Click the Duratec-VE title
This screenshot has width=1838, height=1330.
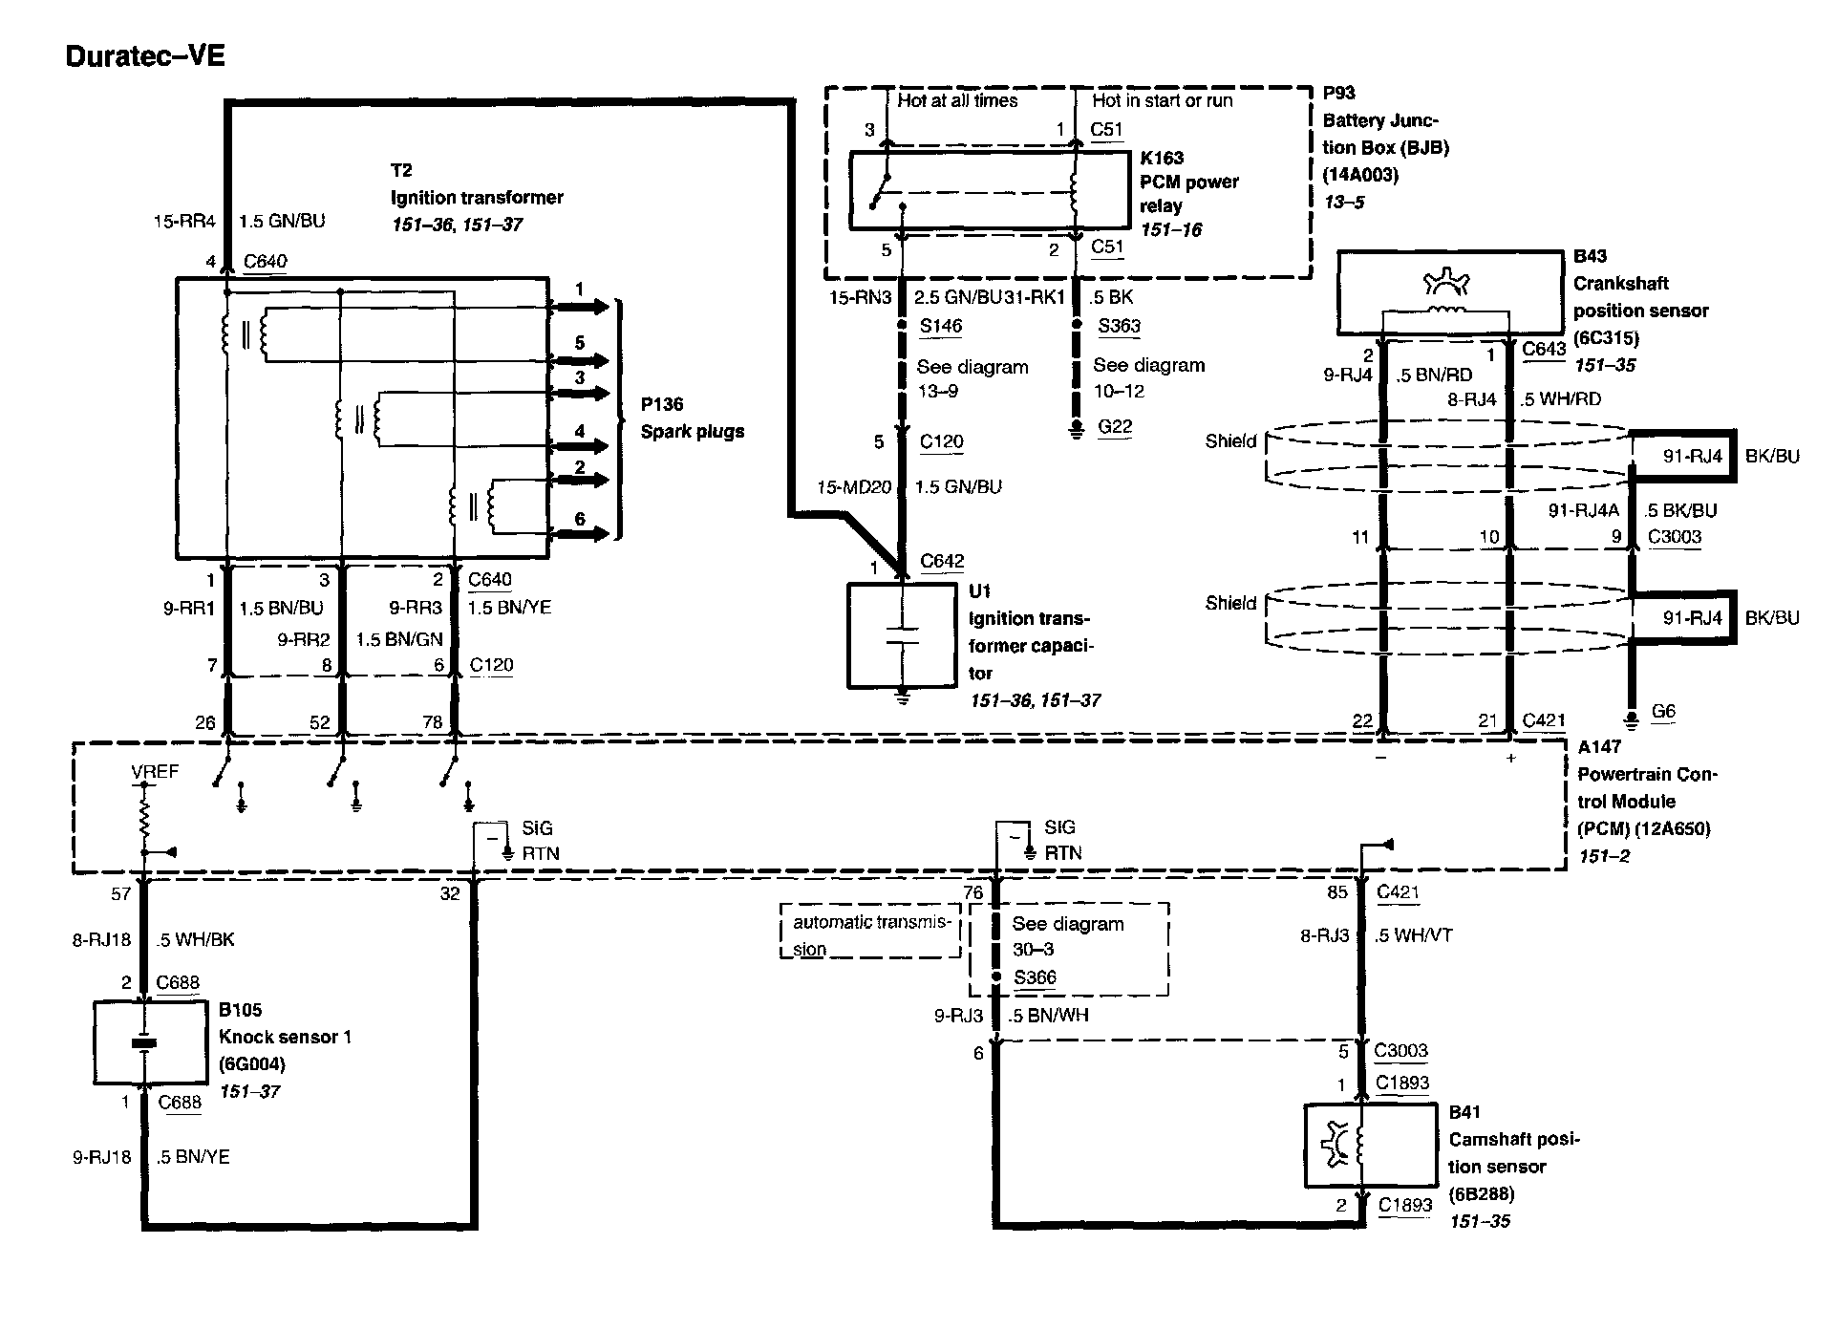(145, 56)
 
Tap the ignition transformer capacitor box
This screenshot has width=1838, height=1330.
(902, 635)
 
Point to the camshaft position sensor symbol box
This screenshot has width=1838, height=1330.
(1370, 1147)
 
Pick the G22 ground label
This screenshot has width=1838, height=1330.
(1114, 427)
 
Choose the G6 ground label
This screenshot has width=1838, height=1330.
(1663, 712)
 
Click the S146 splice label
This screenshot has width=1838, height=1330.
(940, 326)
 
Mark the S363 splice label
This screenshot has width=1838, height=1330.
(1119, 326)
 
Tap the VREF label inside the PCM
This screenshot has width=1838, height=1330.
(154, 771)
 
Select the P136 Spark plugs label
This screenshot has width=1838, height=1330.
(691, 418)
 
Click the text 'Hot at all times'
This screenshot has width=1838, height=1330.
(957, 100)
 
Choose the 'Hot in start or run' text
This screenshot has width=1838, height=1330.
(1162, 100)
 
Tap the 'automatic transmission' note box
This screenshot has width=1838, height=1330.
(870, 932)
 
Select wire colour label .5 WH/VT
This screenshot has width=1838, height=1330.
(1413, 935)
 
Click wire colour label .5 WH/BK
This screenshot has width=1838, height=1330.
(195, 940)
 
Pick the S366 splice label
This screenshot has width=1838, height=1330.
(1035, 977)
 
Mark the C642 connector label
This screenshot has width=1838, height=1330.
(941, 562)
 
